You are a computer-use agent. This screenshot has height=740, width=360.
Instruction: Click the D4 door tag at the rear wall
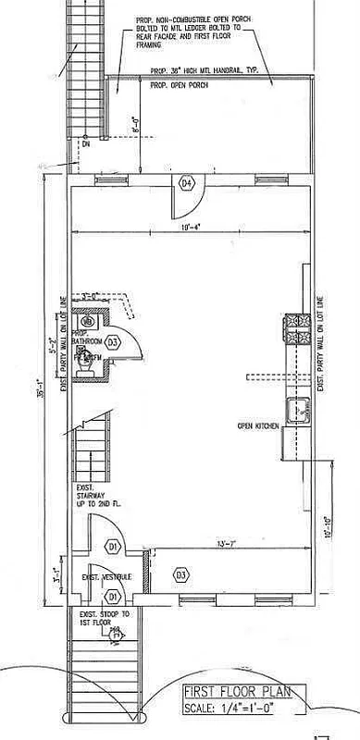(x=186, y=183)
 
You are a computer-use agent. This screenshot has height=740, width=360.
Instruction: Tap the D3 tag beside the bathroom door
(x=113, y=342)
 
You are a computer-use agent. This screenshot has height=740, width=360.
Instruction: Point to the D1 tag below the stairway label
(x=113, y=548)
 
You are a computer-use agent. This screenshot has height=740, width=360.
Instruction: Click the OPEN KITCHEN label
(x=257, y=425)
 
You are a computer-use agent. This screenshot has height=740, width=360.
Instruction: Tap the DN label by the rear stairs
(x=85, y=144)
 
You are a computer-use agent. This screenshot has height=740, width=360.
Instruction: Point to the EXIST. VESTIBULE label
(x=106, y=577)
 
